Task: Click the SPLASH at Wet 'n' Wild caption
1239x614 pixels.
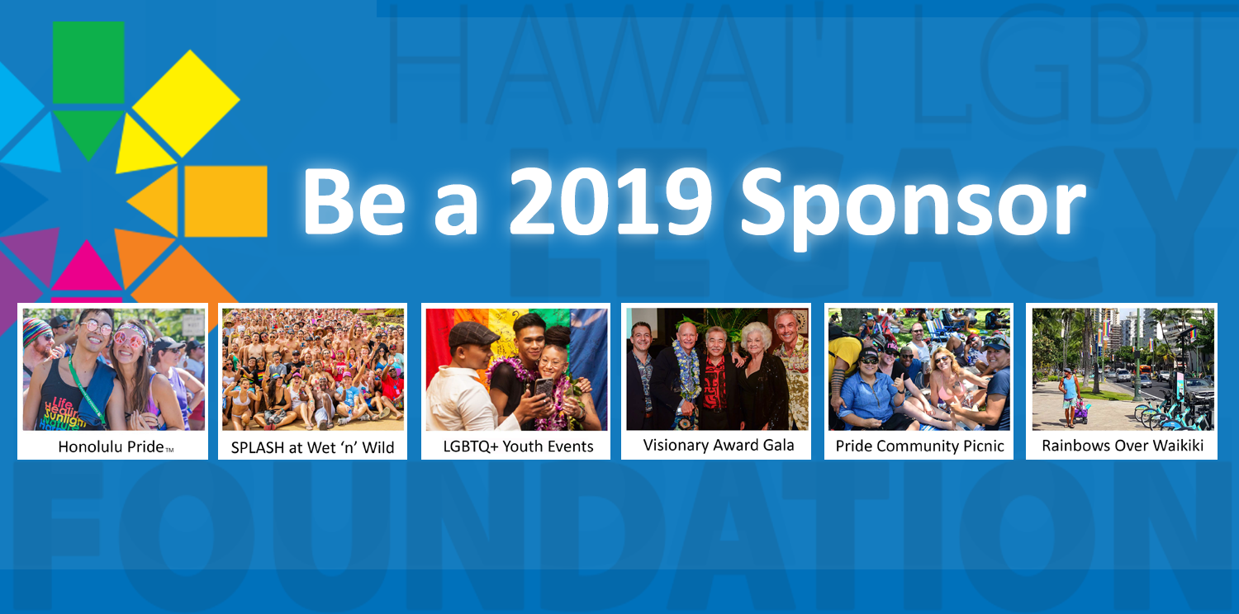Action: pyautogui.click(x=312, y=448)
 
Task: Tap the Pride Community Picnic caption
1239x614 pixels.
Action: pyautogui.click(x=919, y=446)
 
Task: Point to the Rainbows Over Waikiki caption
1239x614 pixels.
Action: pyautogui.click(x=1122, y=446)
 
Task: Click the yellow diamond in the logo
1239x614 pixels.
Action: pyautogui.click(x=187, y=102)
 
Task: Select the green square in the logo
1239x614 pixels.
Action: pyautogui.click(x=88, y=62)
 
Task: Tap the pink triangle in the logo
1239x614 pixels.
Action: pyautogui.click(x=86, y=268)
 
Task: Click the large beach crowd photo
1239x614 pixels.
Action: pyautogui.click(x=312, y=369)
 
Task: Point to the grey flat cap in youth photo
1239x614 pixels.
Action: pyautogui.click(x=473, y=333)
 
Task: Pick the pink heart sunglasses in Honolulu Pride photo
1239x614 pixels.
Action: pyautogui.click(x=129, y=339)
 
